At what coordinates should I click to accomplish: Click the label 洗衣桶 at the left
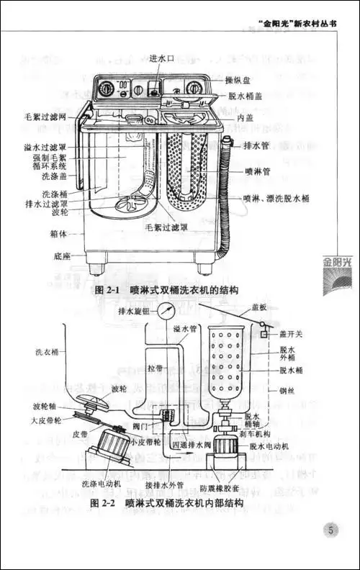48,353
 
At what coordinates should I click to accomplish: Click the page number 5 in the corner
329,532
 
